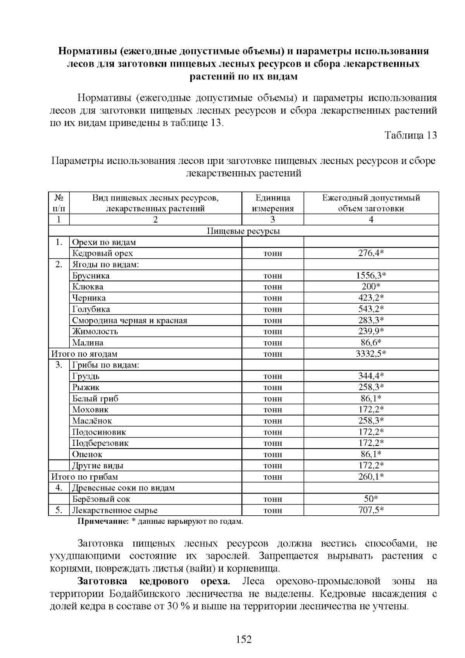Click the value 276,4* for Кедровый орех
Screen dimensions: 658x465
point(371,254)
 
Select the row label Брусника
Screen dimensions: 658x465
point(91,276)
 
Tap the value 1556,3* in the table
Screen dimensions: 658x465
point(371,276)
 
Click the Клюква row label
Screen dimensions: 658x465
point(88,287)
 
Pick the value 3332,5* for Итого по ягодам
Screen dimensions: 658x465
point(371,354)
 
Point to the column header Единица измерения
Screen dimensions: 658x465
point(272,203)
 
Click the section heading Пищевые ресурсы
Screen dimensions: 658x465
point(243,231)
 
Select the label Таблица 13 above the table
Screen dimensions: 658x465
point(410,135)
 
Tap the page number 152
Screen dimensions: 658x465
point(244,639)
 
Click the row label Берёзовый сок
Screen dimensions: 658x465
point(101,499)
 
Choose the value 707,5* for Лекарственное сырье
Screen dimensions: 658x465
point(371,510)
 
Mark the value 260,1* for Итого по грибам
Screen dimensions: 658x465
point(371,477)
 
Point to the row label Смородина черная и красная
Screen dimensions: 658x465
point(130,320)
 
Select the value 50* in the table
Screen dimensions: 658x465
point(371,499)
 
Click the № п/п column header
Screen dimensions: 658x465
point(59,203)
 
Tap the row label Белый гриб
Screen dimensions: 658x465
point(95,399)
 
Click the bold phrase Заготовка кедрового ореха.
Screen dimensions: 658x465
point(154,581)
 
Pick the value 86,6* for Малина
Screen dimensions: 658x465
point(371,343)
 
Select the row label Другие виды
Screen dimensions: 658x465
point(98,466)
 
